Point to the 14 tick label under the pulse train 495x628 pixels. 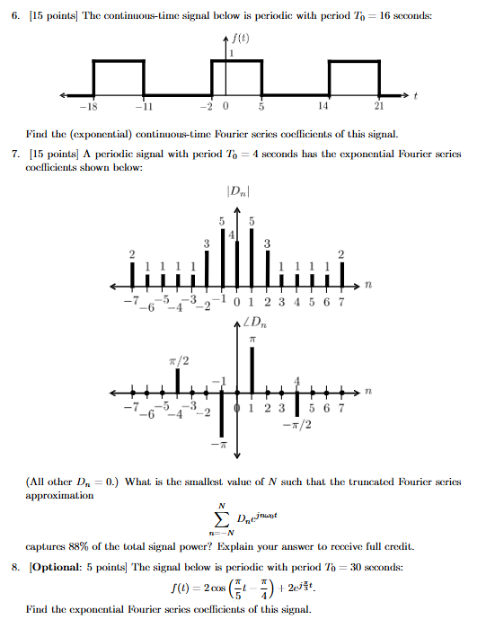[x=321, y=106]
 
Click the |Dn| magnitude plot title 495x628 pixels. [x=237, y=190]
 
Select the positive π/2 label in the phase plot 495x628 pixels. [x=177, y=360]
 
